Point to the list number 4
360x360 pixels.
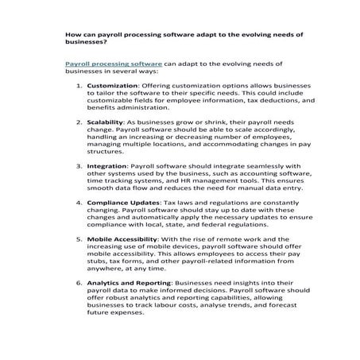(x=79, y=203)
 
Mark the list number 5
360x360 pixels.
(x=79, y=239)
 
